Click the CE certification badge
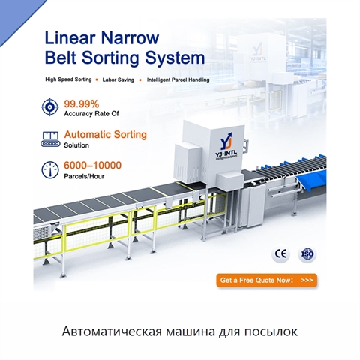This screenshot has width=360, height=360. (280, 253)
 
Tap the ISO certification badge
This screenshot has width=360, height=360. (307, 253)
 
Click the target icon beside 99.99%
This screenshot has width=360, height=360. (49, 107)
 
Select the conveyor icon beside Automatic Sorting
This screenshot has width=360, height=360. (50, 139)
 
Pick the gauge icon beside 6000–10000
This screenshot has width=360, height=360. (50, 170)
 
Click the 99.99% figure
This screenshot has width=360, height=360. (82, 103)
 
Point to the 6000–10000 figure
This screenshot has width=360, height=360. (92, 166)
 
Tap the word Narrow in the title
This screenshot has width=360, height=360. (130, 38)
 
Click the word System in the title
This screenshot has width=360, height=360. (175, 58)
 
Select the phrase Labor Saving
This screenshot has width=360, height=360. (118, 79)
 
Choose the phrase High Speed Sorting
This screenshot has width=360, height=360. (68, 79)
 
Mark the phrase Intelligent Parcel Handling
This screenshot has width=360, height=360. (178, 79)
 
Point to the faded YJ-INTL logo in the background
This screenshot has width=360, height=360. (258, 52)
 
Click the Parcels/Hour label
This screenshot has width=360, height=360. (84, 176)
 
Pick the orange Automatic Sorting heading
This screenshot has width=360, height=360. (106, 135)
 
